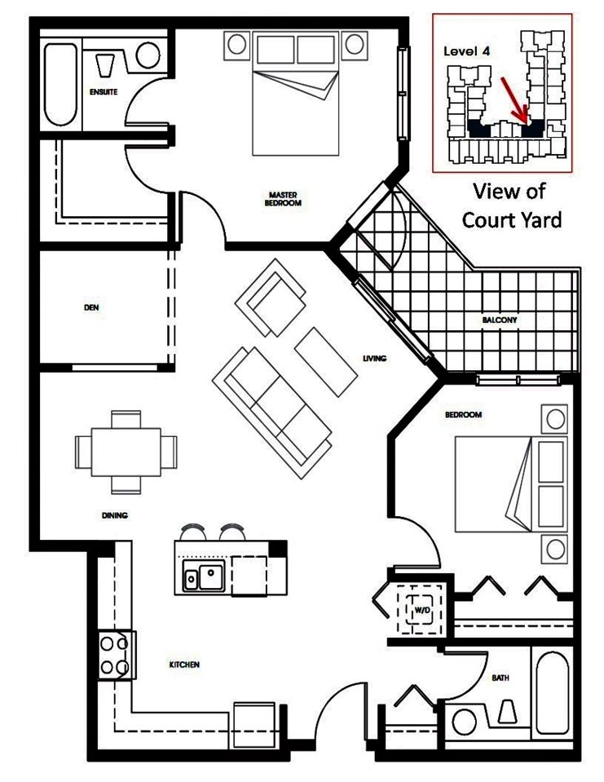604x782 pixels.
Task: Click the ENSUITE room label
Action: coord(104,92)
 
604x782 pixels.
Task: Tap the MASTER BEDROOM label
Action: coord(283,198)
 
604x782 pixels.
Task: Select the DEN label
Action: coord(91,307)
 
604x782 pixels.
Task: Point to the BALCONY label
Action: coord(500,320)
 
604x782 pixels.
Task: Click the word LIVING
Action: coord(374,358)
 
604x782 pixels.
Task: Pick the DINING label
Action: coord(115,515)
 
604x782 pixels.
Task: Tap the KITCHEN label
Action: coord(184,665)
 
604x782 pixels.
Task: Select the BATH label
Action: coord(500,678)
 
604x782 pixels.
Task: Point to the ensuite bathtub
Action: coord(61,85)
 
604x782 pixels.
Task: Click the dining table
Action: coord(126,452)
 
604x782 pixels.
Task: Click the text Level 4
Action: coord(466,51)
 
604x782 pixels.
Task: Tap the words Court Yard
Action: coord(512,220)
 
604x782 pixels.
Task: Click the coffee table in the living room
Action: coord(326,361)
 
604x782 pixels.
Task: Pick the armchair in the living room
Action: coord(271,298)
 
